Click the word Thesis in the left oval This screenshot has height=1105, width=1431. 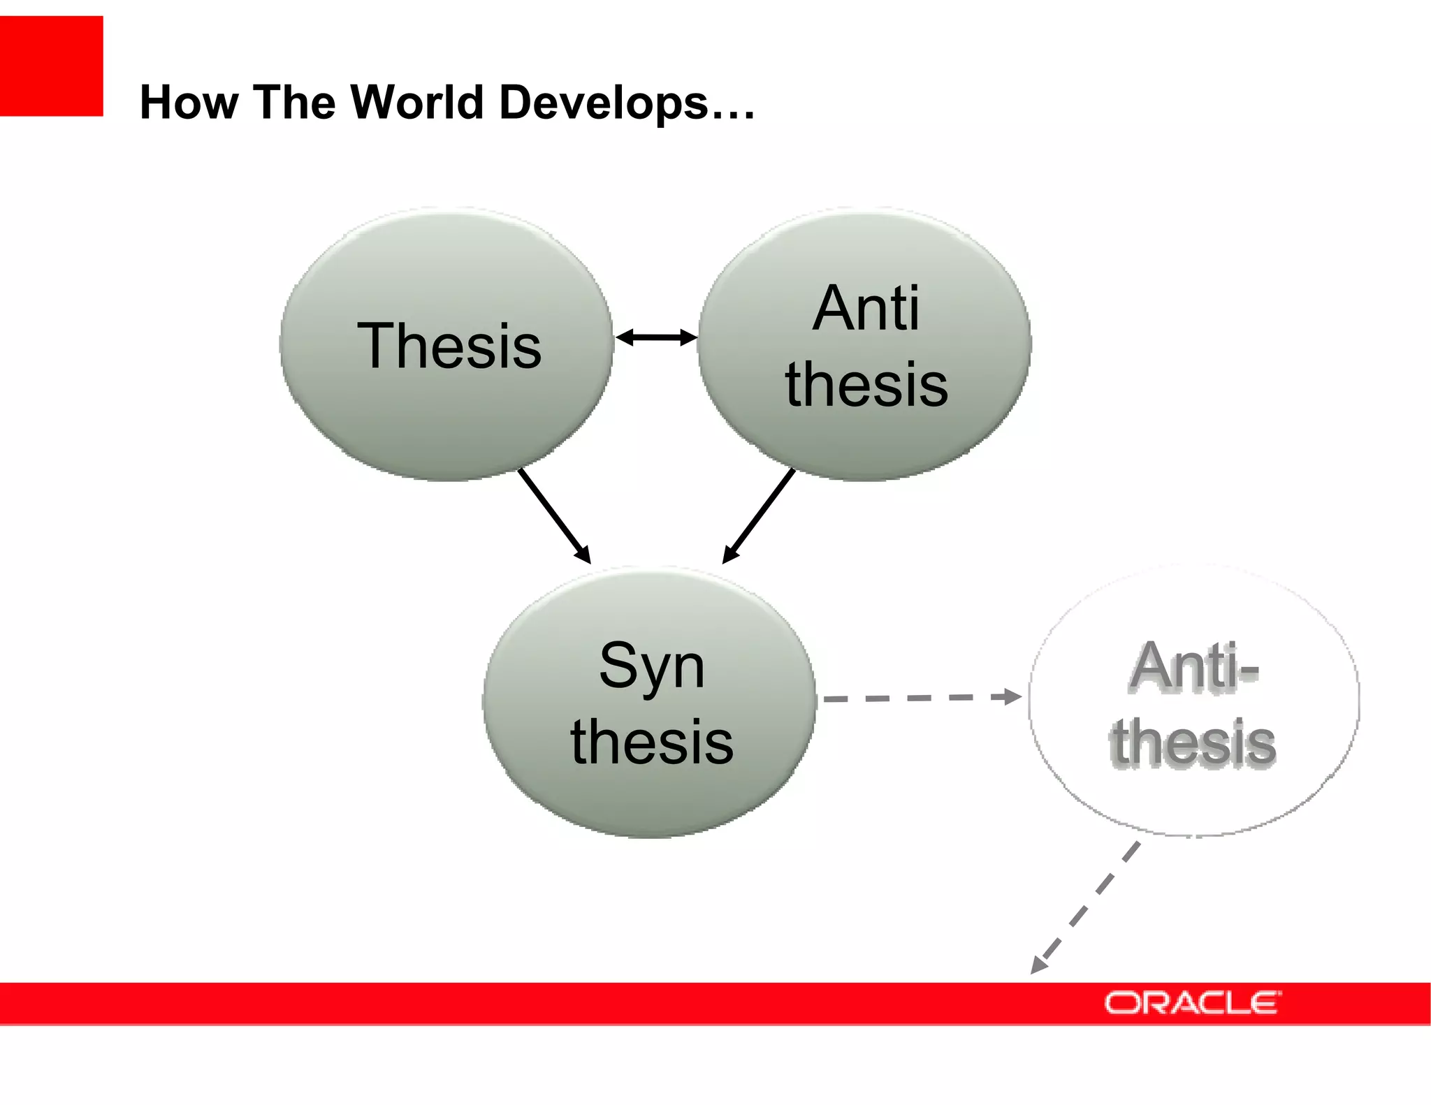pyautogui.click(x=449, y=346)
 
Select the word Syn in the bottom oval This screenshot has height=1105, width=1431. pyautogui.click(x=651, y=666)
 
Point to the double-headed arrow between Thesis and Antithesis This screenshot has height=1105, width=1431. pyautogui.click(x=656, y=338)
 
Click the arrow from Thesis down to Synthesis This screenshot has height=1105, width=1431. pyautogui.click(x=554, y=515)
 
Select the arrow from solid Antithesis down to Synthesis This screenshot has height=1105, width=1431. pyautogui.click(x=759, y=515)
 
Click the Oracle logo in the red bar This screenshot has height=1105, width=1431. pyautogui.click(x=1192, y=1003)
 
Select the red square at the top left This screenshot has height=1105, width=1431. pyautogui.click(x=51, y=66)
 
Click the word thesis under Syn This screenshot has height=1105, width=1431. pyautogui.click(x=651, y=742)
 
